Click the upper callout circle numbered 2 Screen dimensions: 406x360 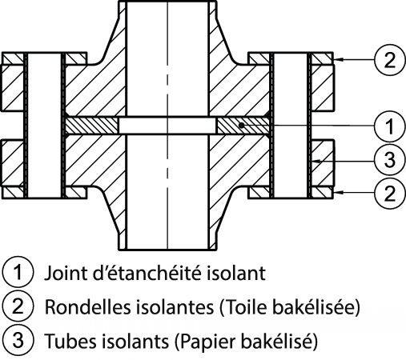pyautogui.click(x=389, y=60)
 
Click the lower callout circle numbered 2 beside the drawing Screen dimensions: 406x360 pyautogui.click(x=389, y=193)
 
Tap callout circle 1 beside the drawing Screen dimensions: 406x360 pyautogui.click(x=389, y=126)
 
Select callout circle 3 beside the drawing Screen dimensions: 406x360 pyautogui.click(x=389, y=160)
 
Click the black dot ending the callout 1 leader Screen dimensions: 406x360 pyautogui.click(x=241, y=125)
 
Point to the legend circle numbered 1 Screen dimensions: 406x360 pyautogui.click(x=18, y=272)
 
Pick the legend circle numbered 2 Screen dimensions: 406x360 pyautogui.click(x=18, y=306)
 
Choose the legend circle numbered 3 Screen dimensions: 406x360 pyautogui.click(x=18, y=340)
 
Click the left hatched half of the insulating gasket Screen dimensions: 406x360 pyautogui.click(x=92, y=126)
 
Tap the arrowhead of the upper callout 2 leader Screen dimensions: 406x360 pyautogui.click(x=338, y=60)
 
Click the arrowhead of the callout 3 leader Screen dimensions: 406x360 pyautogui.click(x=316, y=162)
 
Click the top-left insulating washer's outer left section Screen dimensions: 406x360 pyautogui.click(x=13, y=58)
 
